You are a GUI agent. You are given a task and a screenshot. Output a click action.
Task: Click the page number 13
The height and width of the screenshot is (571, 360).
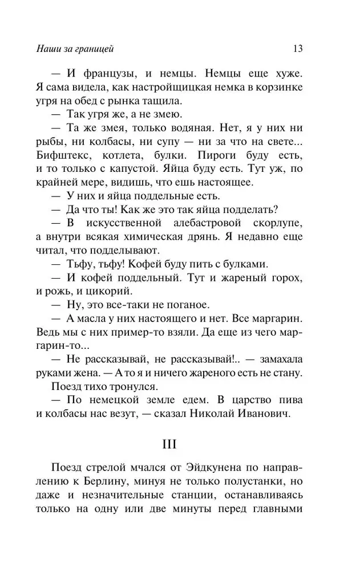pos(297,49)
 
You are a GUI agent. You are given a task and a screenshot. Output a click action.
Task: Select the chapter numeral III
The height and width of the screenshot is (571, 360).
pos(180,443)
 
